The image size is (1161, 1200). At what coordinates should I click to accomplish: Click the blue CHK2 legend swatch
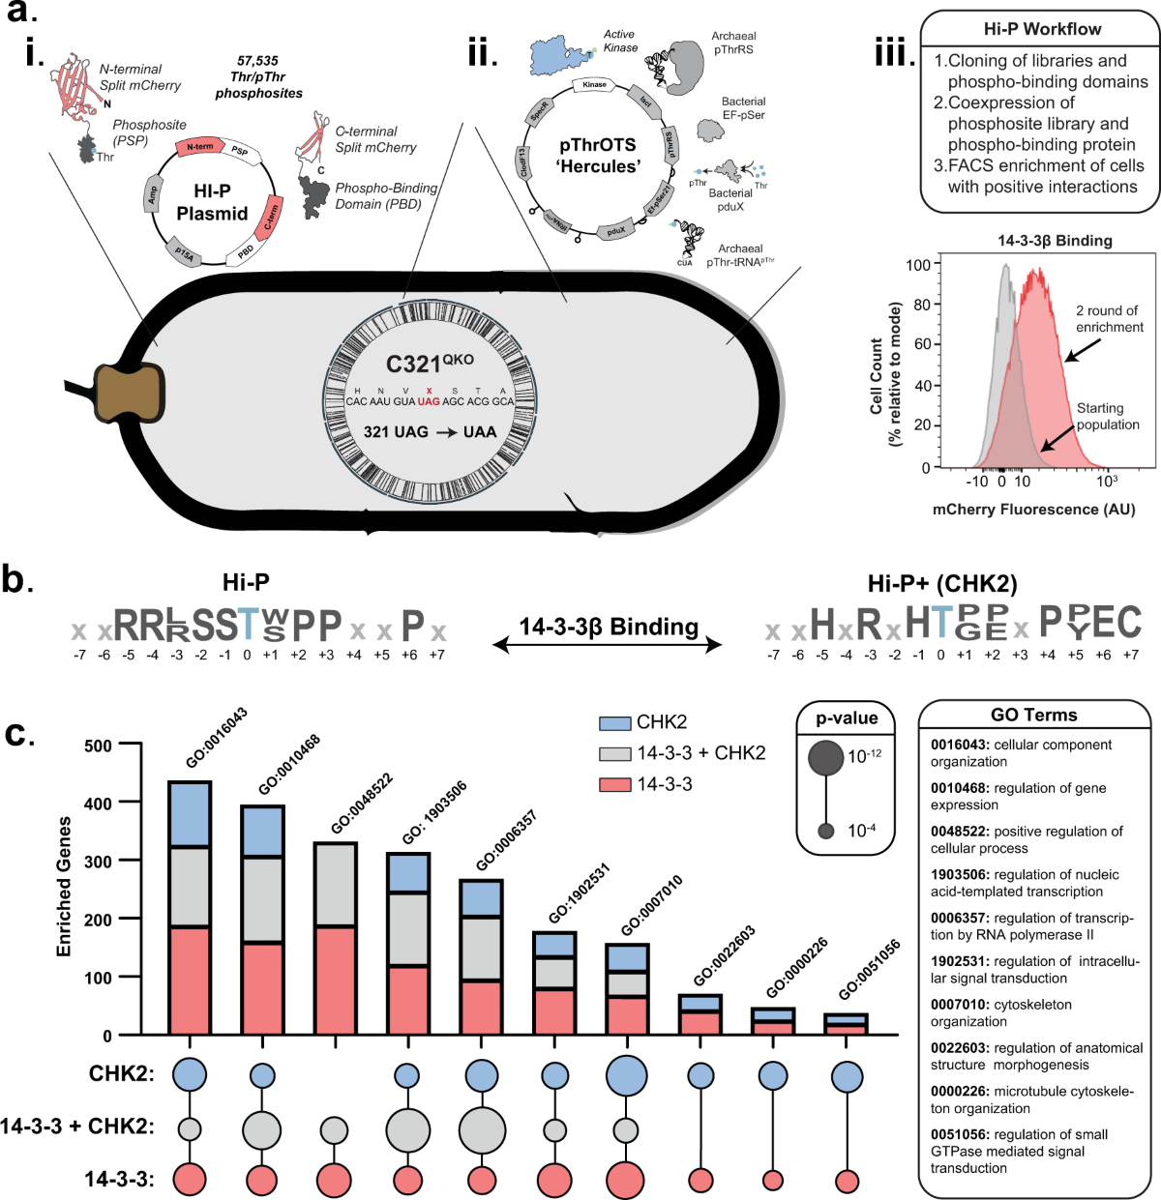point(615,723)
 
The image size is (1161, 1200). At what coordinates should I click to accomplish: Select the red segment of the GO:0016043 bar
point(190,980)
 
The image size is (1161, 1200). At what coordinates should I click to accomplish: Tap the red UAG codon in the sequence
point(429,401)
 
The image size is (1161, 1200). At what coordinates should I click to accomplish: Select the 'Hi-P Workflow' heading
point(1042,29)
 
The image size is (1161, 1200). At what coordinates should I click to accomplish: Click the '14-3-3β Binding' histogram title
point(1041,241)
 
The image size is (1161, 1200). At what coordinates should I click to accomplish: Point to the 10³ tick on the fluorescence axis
point(1107,481)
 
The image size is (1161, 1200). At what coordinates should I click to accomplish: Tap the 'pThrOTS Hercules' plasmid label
point(598,155)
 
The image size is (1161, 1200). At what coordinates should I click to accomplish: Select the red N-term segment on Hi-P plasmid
point(200,146)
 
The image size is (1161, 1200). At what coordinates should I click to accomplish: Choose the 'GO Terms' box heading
point(1033,716)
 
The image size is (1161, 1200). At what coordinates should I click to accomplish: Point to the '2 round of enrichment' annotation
point(1109,319)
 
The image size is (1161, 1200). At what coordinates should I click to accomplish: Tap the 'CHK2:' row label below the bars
point(122,1074)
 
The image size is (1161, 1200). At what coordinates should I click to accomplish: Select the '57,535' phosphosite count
point(257,61)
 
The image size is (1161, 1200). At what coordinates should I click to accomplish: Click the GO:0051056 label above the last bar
point(869,971)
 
